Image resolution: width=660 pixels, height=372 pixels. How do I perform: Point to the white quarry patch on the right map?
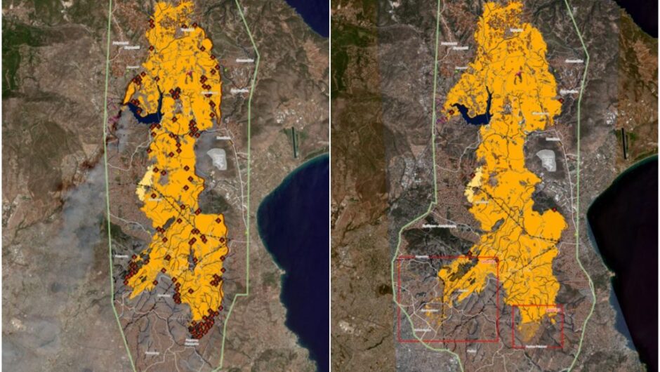tap(546, 161)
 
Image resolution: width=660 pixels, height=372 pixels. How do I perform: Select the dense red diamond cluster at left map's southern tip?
tap(202, 326)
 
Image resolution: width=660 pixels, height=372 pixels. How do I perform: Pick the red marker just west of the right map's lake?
tap(445, 110)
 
